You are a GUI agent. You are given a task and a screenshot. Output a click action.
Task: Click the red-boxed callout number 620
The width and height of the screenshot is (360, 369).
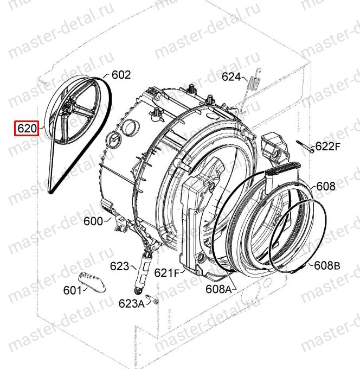pyautogui.click(x=27, y=129)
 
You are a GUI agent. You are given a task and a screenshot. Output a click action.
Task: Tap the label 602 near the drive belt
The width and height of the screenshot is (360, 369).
pyautogui.click(x=121, y=75)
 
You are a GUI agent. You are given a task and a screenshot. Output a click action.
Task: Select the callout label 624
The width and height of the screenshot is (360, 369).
pyautogui.click(x=232, y=77)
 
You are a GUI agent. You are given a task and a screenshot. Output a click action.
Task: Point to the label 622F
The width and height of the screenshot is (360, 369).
pyautogui.click(x=328, y=147)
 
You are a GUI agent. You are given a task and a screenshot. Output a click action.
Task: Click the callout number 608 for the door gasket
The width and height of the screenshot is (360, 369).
pyautogui.click(x=326, y=186)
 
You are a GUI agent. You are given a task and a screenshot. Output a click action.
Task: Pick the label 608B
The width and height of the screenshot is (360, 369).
pyautogui.click(x=327, y=266)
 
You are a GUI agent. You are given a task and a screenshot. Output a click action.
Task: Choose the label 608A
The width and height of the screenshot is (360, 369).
pyautogui.click(x=218, y=289)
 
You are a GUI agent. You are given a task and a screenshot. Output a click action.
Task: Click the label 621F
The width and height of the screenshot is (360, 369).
pyautogui.click(x=166, y=273)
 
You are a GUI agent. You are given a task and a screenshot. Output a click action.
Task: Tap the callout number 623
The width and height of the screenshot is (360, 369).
pyautogui.click(x=120, y=266)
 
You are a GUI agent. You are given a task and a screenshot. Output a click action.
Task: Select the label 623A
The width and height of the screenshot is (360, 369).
pyautogui.click(x=132, y=303)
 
